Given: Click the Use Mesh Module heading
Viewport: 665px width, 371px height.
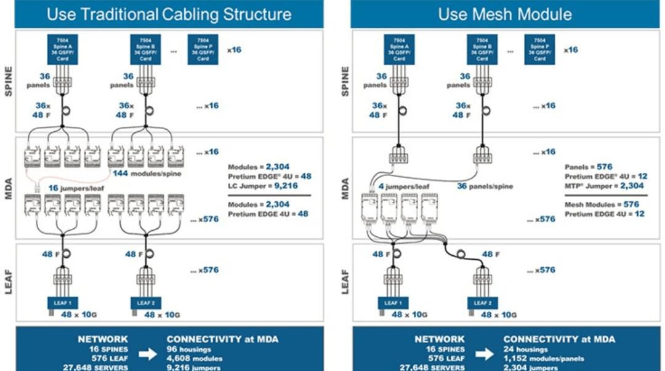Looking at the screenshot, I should pos(505,14).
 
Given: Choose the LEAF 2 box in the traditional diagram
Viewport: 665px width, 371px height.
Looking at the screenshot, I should pos(145,303).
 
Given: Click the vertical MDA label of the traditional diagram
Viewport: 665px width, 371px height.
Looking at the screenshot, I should pos(9,187).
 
